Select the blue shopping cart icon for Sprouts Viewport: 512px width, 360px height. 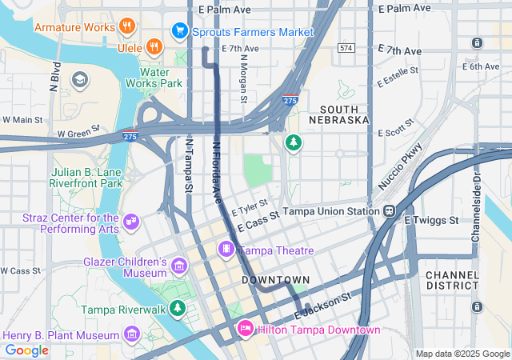coord(180,32)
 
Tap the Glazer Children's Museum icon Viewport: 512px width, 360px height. coord(178,265)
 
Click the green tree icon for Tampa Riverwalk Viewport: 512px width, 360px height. coord(176,308)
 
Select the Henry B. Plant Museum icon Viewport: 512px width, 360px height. coord(132,334)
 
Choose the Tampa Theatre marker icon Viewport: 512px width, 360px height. coord(227,250)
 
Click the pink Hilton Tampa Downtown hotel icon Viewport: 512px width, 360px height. coord(246,329)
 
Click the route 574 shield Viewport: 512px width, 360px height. coord(346,48)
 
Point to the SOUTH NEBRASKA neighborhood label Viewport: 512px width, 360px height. coord(344,114)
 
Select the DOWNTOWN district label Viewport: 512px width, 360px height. coord(275,280)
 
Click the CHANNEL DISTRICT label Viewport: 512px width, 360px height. coord(452,280)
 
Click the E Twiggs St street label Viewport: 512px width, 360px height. coord(431,220)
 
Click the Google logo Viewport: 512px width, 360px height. coord(26,350)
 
